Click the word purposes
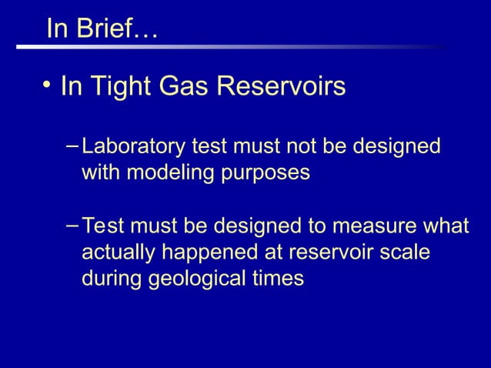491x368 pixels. [270, 172]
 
